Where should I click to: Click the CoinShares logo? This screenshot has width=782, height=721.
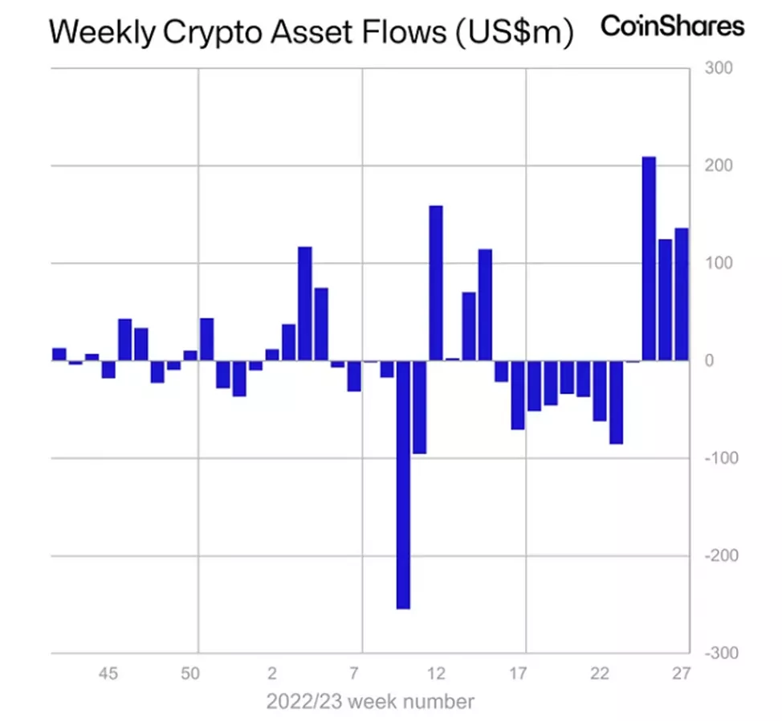[672, 26]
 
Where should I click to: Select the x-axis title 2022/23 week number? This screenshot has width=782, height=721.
[370, 701]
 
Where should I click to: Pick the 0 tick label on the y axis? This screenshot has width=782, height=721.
[709, 361]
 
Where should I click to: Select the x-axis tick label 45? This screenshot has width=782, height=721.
[108, 673]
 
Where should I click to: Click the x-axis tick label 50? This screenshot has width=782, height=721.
[190, 673]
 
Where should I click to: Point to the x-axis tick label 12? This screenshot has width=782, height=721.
[437, 673]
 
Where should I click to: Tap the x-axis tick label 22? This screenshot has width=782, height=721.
[600, 673]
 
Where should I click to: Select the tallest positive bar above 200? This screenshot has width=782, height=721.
[649, 258]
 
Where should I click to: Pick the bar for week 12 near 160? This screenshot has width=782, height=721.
[436, 283]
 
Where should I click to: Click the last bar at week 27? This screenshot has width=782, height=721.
[682, 294]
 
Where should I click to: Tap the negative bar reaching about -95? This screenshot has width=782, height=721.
[419, 407]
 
